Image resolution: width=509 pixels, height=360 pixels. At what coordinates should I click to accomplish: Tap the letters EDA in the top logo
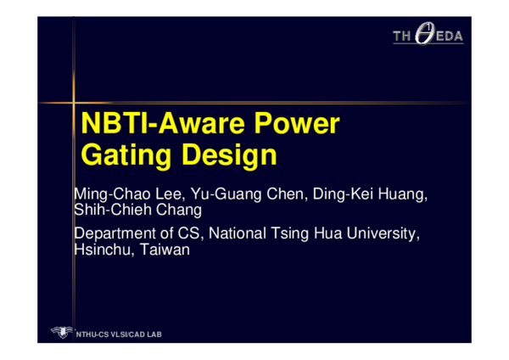(x=450, y=37)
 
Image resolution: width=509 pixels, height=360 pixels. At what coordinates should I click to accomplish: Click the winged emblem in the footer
(x=61, y=332)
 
